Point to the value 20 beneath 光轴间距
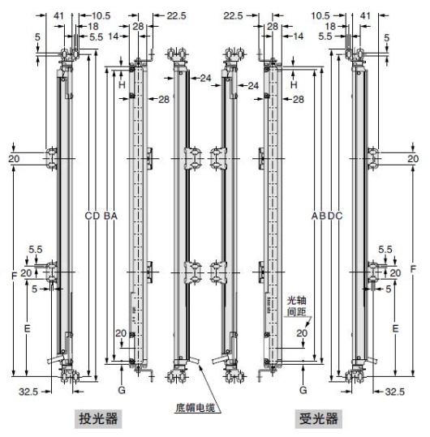[302, 332]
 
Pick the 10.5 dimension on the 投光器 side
[101, 15]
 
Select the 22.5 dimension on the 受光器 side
[233, 15]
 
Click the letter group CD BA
[101, 216]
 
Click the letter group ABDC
[326, 216]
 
